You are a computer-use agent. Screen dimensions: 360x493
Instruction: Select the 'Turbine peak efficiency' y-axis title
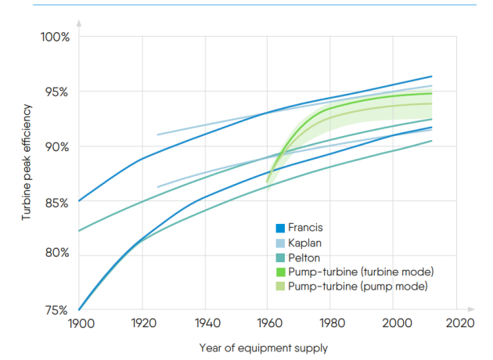[26, 166]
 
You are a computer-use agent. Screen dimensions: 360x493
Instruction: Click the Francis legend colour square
[279, 229]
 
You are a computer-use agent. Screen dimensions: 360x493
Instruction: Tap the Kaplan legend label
[305, 243]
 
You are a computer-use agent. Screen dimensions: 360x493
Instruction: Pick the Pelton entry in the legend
[304, 257]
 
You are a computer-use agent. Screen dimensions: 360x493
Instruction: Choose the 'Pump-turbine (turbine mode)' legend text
[361, 272]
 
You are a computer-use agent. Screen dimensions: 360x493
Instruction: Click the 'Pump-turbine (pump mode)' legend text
[358, 286]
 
